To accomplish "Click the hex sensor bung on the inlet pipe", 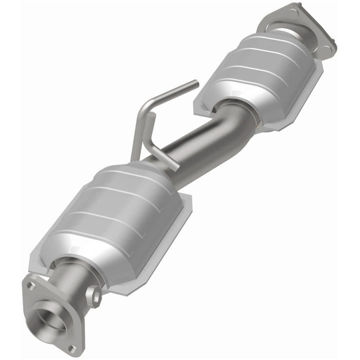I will (x=93, y=295).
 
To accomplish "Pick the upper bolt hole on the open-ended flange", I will (x=30, y=286).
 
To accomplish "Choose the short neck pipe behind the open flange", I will (x=75, y=280).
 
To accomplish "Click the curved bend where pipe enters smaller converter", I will (x=235, y=112).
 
